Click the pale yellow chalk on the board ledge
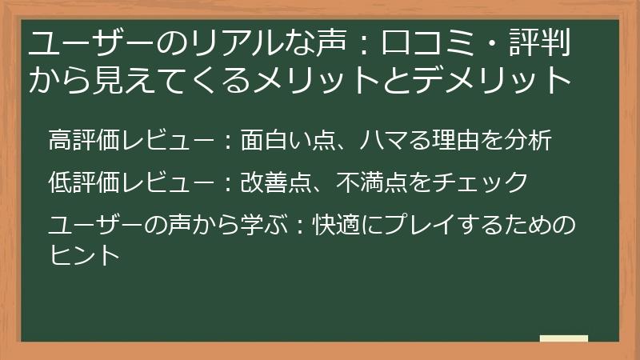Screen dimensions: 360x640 [564, 338]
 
